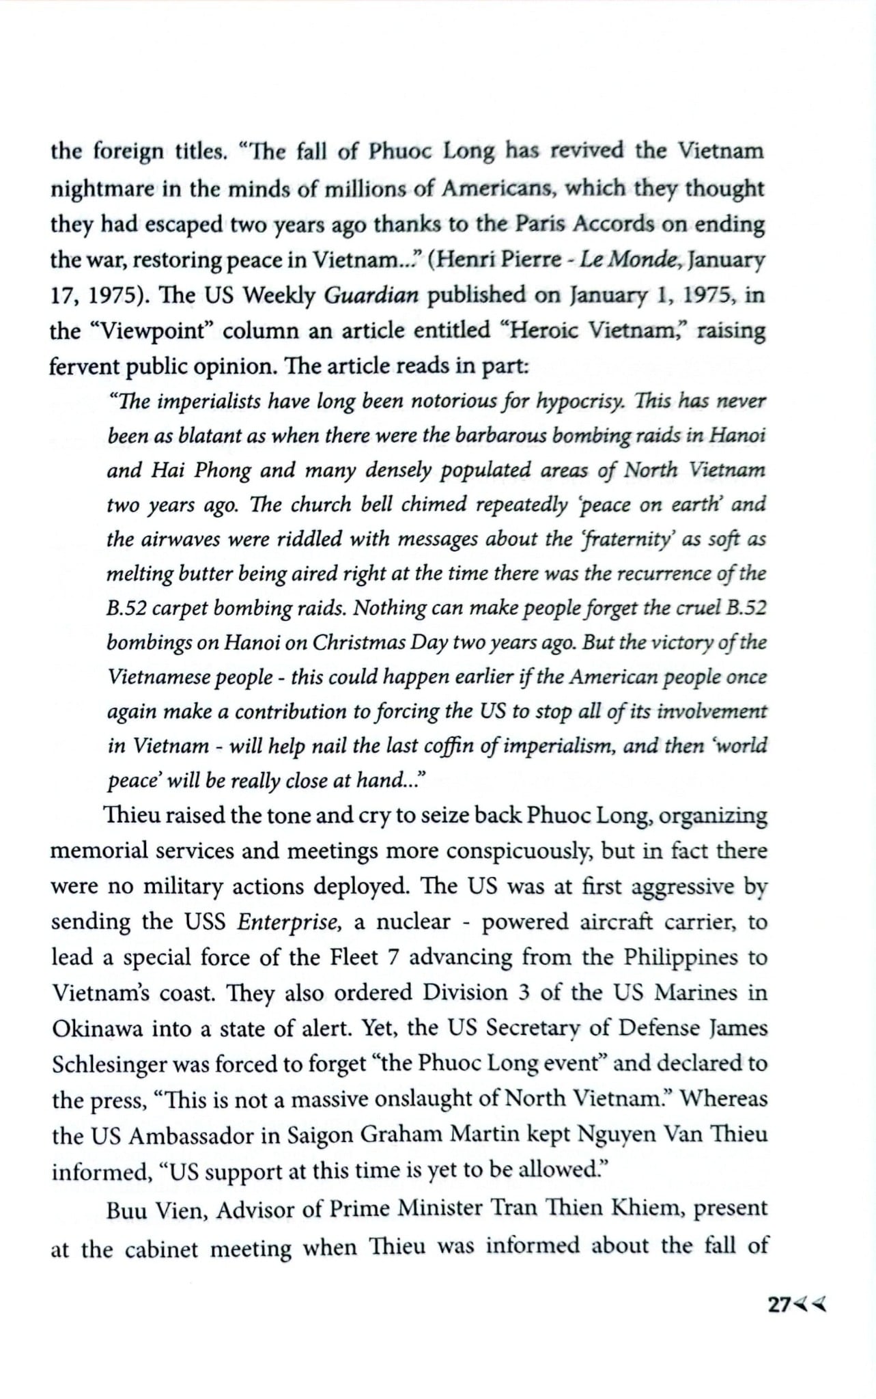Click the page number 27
(779, 1305)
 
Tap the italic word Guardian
(370, 295)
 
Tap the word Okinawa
(96, 1028)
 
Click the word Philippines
(680, 957)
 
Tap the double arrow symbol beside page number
(810, 1305)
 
